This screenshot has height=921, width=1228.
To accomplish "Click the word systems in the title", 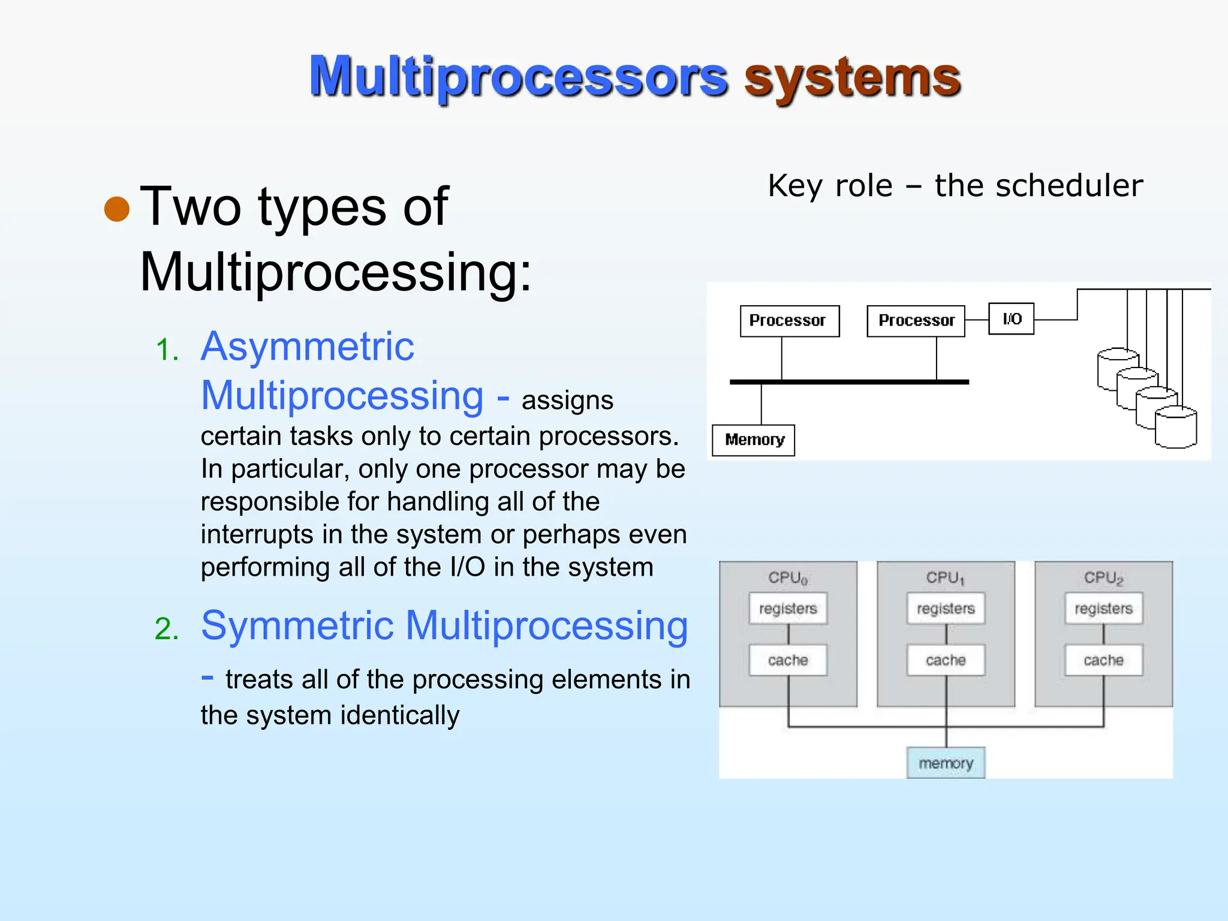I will [852, 78].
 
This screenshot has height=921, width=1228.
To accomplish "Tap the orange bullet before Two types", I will [117, 209].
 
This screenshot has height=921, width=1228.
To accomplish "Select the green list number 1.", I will [167, 350].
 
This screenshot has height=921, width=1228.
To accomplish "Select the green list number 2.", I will [167, 629].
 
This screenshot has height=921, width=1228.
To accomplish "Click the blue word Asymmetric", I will [307, 347].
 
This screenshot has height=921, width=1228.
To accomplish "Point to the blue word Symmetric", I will [297, 625].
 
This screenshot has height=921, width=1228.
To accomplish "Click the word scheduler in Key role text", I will [1069, 186].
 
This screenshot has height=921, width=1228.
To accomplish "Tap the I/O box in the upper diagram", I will [1011, 319].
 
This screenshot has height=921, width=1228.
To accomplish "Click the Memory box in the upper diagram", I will [754, 440].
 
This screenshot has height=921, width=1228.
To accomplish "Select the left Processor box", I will [789, 321].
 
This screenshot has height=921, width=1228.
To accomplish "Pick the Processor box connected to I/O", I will [916, 321].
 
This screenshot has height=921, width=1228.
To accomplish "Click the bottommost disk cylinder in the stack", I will [1175, 428].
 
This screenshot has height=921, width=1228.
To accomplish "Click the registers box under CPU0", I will [788, 609].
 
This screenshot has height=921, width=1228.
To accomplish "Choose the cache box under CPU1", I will [946, 660].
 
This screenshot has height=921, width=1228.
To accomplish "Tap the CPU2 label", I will [1103, 577].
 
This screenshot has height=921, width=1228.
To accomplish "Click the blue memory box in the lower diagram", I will [946, 763].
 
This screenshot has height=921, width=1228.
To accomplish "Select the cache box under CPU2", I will [1103, 660].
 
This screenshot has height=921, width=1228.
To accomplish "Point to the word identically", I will [400, 715].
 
